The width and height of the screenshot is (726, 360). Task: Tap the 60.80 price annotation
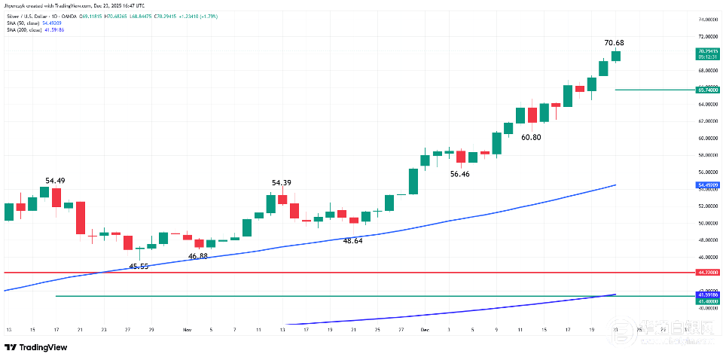pos(531,137)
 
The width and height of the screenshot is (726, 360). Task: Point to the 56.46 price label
pos(460,174)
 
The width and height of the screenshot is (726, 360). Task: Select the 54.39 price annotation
pos(282,183)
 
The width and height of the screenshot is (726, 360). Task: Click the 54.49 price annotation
pos(55,181)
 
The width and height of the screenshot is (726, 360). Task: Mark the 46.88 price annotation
pos(198,256)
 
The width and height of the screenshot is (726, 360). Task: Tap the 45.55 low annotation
pos(139,267)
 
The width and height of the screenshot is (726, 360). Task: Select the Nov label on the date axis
pos(187,330)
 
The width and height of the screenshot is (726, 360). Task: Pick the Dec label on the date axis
pos(424,330)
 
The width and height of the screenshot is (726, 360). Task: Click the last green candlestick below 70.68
pos(616,56)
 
